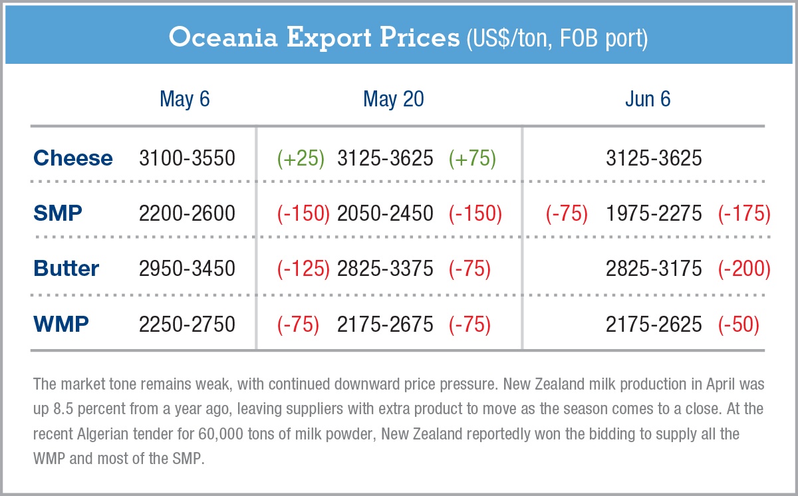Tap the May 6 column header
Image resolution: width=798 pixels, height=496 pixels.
[185, 99]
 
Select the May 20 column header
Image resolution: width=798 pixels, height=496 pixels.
[393, 99]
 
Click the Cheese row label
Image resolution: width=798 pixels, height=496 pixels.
[73, 158]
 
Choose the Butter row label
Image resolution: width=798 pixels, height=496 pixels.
[66, 269]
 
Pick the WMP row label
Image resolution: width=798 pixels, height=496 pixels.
[61, 324]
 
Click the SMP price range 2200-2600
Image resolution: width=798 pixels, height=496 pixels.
[187, 213]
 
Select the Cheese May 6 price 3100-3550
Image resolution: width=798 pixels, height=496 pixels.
[187, 158]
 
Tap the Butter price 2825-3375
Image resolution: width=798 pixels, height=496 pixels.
[385, 269]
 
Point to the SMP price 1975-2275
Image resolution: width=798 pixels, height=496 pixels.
[654, 213]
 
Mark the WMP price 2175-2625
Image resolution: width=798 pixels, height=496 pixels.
[654, 324]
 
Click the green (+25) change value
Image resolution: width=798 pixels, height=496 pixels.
[301, 158]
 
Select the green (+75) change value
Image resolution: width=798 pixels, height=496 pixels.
[472, 158]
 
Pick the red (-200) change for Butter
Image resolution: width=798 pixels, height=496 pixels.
[744, 269]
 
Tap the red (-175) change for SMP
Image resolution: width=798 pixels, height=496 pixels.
[744, 213]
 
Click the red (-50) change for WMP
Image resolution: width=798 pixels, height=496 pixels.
[738, 324]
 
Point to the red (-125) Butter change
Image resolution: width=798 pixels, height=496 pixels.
[303, 269]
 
